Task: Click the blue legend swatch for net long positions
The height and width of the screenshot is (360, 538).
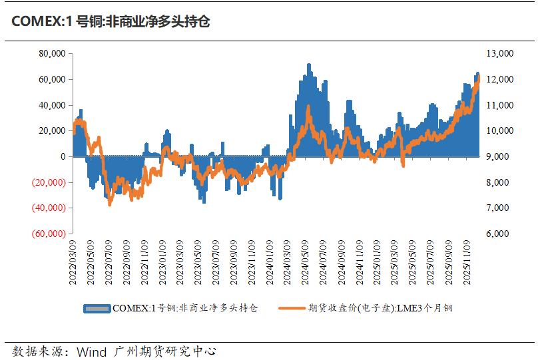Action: (97, 308)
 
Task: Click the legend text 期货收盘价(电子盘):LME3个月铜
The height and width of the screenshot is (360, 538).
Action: (381, 308)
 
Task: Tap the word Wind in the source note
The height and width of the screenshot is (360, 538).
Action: (91, 351)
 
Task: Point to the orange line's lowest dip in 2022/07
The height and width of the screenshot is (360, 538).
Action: (110, 204)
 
